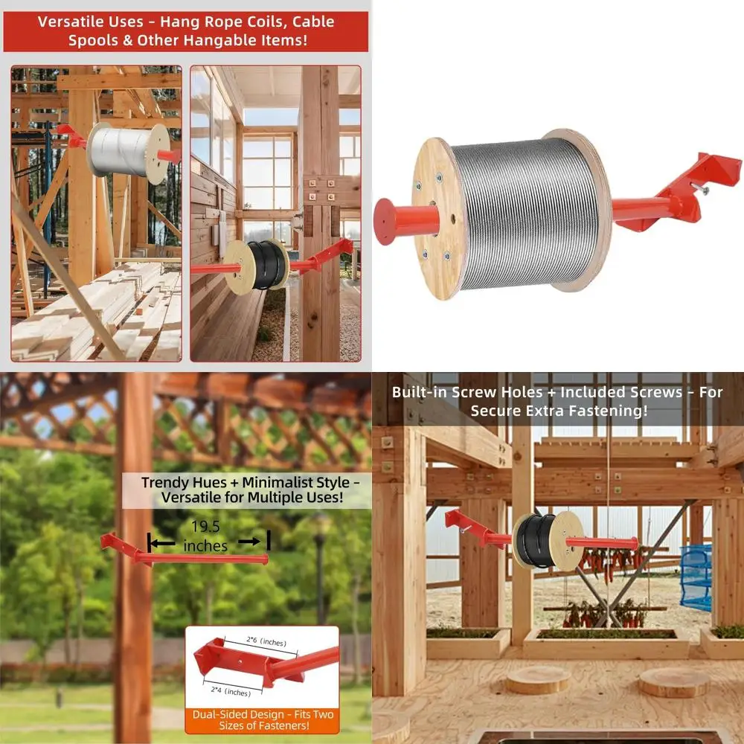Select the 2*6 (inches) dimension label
266,641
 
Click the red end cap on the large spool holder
385,221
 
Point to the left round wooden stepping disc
538,679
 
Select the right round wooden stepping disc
675,682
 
